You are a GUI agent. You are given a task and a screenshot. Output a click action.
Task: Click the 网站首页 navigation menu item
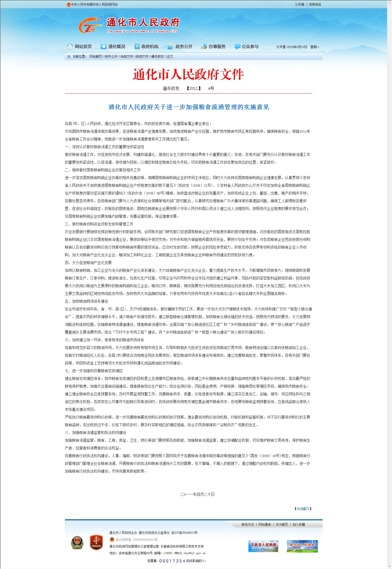[x=80, y=47]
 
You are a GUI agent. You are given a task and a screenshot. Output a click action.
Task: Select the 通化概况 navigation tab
[x=113, y=47]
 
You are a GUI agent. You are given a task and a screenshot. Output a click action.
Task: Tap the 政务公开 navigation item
[x=180, y=47]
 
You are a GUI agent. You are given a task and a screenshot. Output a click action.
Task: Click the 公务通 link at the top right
[x=299, y=4]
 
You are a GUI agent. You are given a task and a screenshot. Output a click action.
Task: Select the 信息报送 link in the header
[x=315, y=4]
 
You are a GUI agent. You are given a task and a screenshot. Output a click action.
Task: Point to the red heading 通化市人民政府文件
[x=188, y=75]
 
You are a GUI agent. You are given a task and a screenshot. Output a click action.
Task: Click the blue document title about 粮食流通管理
[x=188, y=107]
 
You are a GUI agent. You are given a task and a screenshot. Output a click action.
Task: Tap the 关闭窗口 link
[x=303, y=509]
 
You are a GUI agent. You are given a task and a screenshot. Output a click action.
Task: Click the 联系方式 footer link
[x=248, y=524]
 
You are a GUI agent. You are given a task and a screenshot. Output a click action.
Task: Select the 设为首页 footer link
[x=282, y=524]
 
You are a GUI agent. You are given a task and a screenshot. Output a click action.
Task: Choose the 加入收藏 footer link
[x=299, y=524]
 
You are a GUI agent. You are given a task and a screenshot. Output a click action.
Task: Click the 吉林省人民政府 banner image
[x=263, y=546]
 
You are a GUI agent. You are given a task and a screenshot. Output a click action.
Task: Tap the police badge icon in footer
[x=77, y=542]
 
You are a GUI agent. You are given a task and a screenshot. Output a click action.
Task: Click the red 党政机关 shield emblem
[x=96, y=542]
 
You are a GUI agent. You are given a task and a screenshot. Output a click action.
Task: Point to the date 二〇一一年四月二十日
[x=197, y=494]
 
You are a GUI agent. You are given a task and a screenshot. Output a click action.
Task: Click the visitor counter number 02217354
[x=172, y=561]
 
